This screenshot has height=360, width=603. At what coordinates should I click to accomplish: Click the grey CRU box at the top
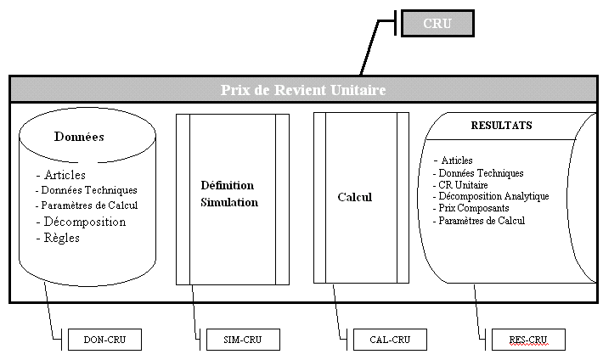[x=437, y=23]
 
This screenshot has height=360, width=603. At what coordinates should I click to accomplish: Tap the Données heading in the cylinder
[x=79, y=136]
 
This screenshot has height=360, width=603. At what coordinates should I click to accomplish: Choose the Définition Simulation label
[x=229, y=194]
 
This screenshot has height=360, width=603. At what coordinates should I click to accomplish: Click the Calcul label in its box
[x=355, y=197]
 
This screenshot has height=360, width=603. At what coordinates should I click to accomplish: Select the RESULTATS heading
[x=501, y=126]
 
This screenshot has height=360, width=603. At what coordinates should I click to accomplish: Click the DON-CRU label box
[x=104, y=340]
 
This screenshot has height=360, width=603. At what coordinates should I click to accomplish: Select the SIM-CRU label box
[x=242, y=340]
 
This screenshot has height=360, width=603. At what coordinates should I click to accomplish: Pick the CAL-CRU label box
[x=389, y=340]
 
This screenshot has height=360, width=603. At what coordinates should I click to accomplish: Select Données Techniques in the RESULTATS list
[x=482, y=172]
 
